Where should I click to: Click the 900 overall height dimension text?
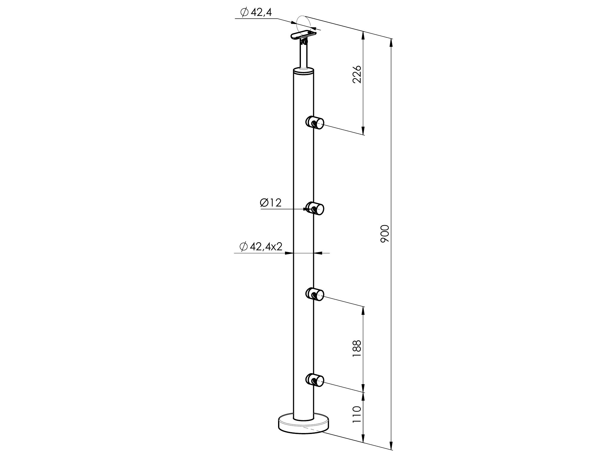coord(385,234)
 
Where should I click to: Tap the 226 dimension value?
coord(357,74)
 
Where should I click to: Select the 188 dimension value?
coord(357,348)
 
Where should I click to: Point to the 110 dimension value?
coord(357,414)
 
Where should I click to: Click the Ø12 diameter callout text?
coord(271,203)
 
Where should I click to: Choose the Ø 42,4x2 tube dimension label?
coord(261,247)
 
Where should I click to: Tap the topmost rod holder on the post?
coord(315,122)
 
